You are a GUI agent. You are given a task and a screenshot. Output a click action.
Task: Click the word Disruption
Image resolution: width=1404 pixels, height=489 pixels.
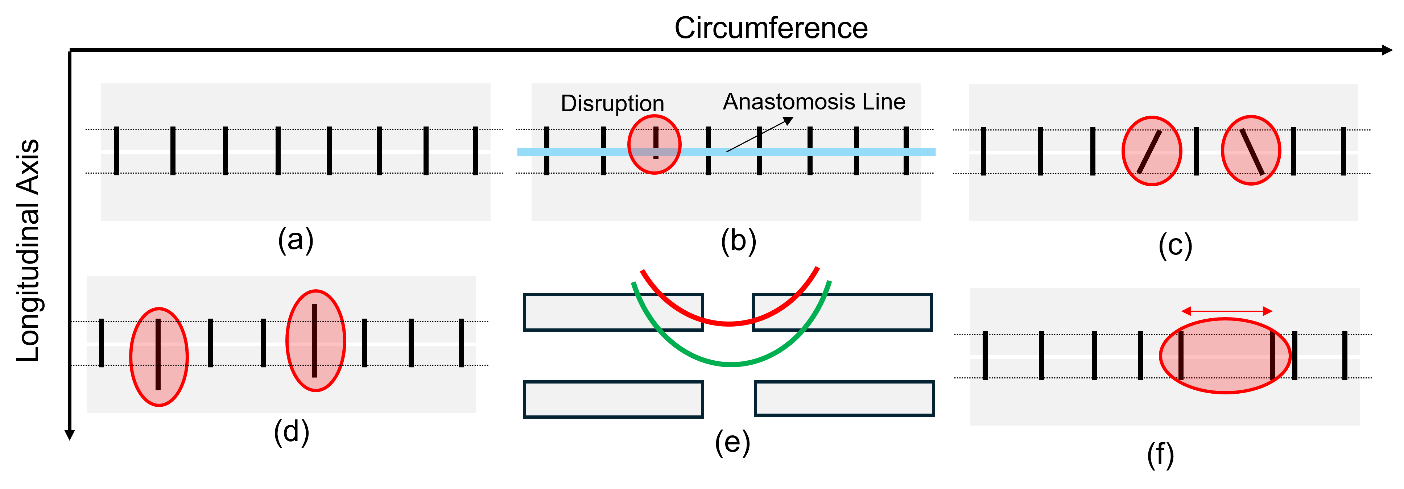point(612,104)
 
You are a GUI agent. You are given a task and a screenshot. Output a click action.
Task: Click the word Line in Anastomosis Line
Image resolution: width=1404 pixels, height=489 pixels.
point(884,102)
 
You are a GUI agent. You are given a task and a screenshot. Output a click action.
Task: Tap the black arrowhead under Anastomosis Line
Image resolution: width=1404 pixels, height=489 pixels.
point(789,121)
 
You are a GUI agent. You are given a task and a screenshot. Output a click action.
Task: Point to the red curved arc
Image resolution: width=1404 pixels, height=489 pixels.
point(729,323)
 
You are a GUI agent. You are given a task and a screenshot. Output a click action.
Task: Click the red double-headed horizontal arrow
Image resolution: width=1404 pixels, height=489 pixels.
point(1226,311)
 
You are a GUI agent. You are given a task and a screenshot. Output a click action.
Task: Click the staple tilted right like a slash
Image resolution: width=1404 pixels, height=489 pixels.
point(1149,152)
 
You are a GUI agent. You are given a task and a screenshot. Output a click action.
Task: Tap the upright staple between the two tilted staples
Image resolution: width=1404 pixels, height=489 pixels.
point(1196,151)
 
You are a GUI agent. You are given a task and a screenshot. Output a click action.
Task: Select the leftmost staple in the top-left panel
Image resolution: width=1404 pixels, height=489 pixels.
point(116,151)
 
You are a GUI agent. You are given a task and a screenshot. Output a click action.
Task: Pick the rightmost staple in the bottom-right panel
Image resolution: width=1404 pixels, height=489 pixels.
point(1345,356)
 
